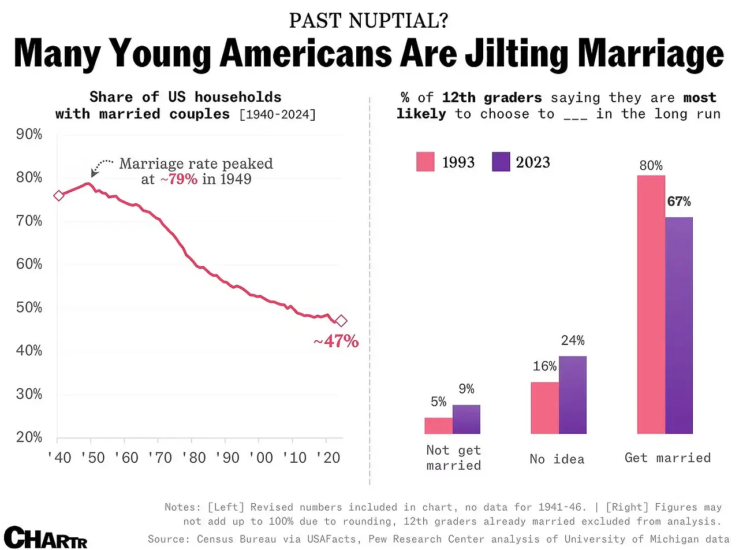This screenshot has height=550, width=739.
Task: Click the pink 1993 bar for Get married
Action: click(x=651, y=304)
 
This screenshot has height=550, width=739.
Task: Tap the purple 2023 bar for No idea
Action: click(x=572, y=395)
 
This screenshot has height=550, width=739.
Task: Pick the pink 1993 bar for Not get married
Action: click(x=439, y=425)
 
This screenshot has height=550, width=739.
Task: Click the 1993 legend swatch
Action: click(x=425, y=162)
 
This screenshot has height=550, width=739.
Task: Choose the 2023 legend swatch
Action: click(x=501, y=162)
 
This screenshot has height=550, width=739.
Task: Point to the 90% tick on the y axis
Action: click(x=28, y=135)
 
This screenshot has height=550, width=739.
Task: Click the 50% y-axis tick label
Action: click(x=28, y=307)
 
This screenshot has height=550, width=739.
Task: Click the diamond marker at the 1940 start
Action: click(x=58, y=196)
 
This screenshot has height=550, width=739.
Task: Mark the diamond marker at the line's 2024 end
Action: click(x=341, y=321)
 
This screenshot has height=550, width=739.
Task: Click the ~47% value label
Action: click(x=336, y=341)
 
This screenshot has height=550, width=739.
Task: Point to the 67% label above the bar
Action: click(x=679, y=202)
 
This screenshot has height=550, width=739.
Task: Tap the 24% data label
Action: click(x=572, y=340)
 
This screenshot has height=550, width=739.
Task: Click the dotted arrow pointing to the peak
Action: click(x=102, y=165)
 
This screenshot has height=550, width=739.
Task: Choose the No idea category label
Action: click(x=557, y=459)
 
